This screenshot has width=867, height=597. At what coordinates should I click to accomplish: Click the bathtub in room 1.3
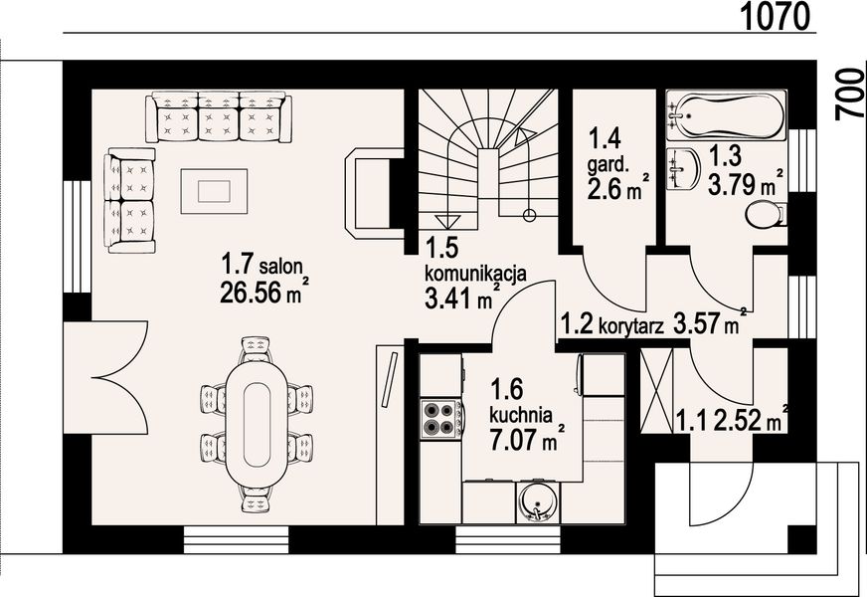(726, 115)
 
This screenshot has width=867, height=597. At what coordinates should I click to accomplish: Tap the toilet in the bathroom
(766, 215)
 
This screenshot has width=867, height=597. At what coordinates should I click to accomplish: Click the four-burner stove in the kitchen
(440, 418)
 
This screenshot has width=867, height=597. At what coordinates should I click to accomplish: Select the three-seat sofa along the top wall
(219, 117)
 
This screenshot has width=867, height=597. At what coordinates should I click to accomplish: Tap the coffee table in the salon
(214, 191)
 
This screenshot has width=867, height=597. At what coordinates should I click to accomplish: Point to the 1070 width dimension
(777, 16)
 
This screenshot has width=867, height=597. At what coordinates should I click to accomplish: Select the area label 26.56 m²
(263, 293)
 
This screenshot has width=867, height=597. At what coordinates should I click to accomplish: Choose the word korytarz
(631, 328)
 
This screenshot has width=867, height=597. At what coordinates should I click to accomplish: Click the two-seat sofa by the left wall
(129, 200)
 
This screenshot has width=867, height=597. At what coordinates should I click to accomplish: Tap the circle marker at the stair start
(529, 215)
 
